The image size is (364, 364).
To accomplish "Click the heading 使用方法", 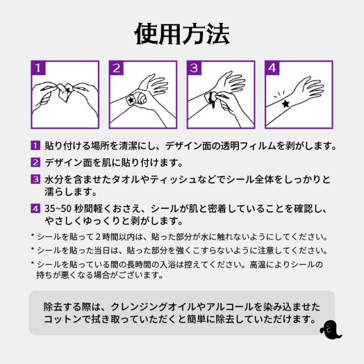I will [x=182, y=34].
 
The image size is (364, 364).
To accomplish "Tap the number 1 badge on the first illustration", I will [x=38, y=69].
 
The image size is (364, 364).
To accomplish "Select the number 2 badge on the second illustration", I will [x=117, y=69].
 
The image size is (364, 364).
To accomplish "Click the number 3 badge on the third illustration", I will [x=195, y=69].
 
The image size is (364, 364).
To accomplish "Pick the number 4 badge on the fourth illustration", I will [x=273, y=69].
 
